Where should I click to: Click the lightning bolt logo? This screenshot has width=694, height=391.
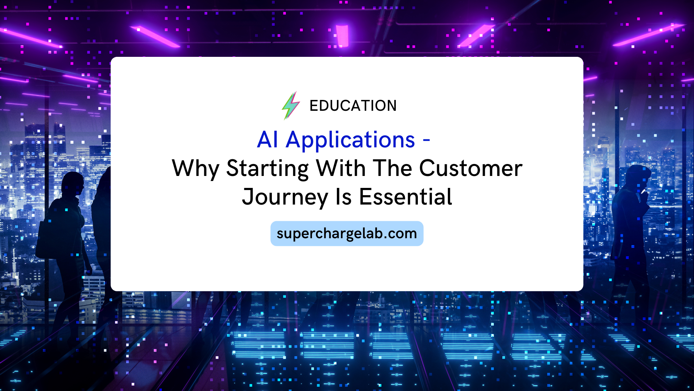[291, 105]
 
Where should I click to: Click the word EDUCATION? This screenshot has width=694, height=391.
[353, 106]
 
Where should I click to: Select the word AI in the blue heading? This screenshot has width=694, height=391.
[267, 140]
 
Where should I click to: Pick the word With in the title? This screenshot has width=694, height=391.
[340, 168]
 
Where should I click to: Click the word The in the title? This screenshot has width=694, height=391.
[393, 168]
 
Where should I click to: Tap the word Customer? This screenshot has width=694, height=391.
[471, 169]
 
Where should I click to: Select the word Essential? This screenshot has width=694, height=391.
[406, 197]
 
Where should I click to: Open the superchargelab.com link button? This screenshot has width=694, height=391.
[347, 234]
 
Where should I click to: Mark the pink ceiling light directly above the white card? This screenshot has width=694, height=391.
[342, 35]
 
